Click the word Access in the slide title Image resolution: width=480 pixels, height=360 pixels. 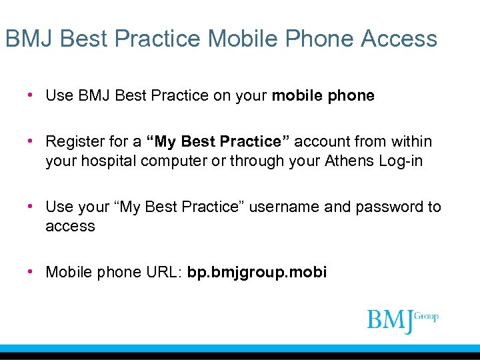(399, 39)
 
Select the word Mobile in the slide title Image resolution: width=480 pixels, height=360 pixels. (246, 39)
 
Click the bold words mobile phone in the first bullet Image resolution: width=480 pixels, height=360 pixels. (323, 95)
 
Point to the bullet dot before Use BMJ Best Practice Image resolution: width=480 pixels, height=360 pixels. (31, 95)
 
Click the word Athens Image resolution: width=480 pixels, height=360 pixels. (351, 161)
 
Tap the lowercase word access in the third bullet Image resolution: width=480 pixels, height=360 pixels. (70, 226)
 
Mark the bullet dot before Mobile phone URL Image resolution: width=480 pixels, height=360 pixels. (31, 272)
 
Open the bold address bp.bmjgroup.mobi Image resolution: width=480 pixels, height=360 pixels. (257, 273)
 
